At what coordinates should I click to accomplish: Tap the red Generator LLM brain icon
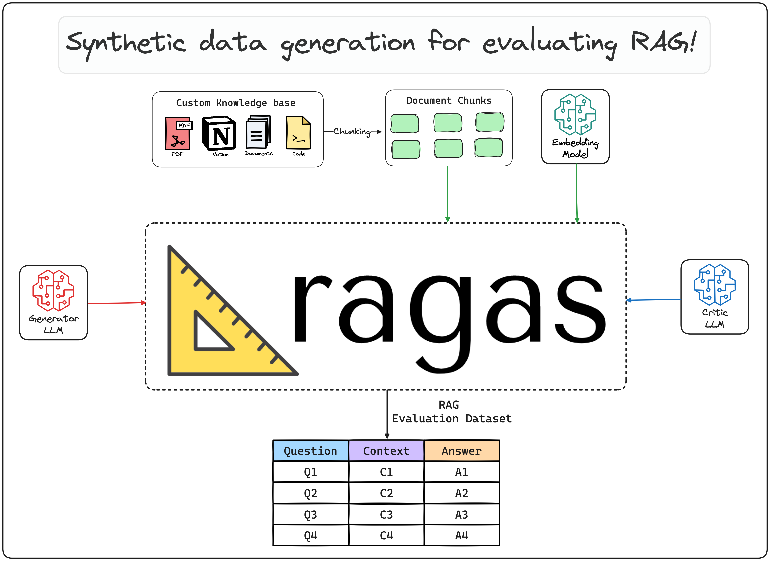pos(53,290)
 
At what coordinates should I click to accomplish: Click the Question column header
pos(310,451)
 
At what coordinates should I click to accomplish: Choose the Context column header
pos(386,451)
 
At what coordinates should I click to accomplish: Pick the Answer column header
pos(461,451)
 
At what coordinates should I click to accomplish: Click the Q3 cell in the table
pos(310,514)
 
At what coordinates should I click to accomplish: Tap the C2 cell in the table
pos(386,493)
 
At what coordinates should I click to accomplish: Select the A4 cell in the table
pos(461,535)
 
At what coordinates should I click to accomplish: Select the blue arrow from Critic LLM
pos(654,300)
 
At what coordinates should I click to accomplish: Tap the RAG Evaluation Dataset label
pos(452,412)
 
